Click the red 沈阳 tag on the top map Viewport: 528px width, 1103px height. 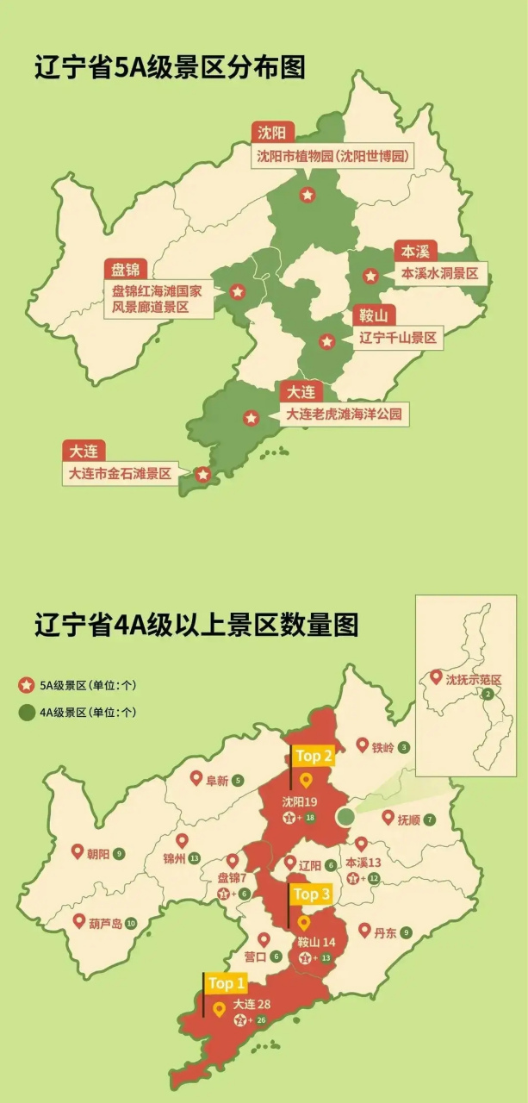[274, 133]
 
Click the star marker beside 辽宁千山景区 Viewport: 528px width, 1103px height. [326, 342]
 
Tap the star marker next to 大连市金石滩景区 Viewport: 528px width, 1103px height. [203, 474]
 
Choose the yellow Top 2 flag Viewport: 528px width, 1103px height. [314, 756]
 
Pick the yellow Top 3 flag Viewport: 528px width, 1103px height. [311, 894]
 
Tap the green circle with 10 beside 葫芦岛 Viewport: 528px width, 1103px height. [131, 923]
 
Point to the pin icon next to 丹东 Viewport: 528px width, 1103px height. [364, 931]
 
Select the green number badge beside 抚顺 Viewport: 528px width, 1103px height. [429, 819]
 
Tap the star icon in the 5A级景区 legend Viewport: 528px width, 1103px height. [27, 686]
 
